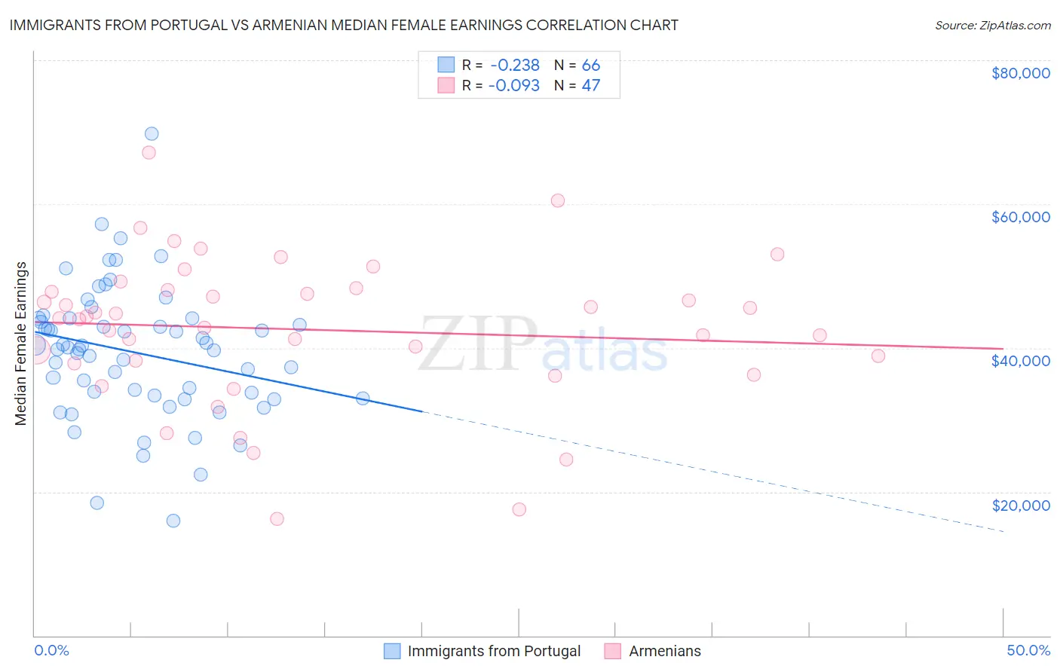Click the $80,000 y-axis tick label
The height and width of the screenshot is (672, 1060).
[1020, 73]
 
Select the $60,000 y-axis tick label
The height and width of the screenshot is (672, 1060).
[1020, 217]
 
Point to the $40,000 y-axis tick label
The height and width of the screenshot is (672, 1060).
[1020, 361]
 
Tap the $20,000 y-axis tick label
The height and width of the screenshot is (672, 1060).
[1020, 505]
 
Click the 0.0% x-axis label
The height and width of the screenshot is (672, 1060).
[51, 650]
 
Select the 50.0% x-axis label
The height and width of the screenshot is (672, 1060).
[1028, 650]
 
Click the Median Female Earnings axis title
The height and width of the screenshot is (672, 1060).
[21, 344]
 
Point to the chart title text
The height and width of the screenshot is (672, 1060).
[344, 25]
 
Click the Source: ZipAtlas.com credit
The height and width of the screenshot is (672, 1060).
[992, 26]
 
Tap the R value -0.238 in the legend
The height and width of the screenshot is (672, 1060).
[514, 66]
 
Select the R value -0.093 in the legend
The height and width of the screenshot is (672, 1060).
[514, 86]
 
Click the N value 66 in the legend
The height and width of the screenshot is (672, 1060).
[590, 66]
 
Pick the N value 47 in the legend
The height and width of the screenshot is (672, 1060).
[590, 86]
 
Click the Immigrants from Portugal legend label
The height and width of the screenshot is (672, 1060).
[494, 651]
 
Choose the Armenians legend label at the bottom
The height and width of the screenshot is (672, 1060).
[664, 651]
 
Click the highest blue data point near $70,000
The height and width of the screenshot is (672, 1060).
[152, 134]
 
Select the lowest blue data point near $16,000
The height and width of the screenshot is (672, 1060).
[173, 521]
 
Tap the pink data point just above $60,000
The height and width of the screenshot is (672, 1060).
[558, 200]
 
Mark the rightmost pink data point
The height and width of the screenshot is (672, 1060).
[878, 356]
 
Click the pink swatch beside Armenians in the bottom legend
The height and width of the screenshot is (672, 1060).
[612, 651]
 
